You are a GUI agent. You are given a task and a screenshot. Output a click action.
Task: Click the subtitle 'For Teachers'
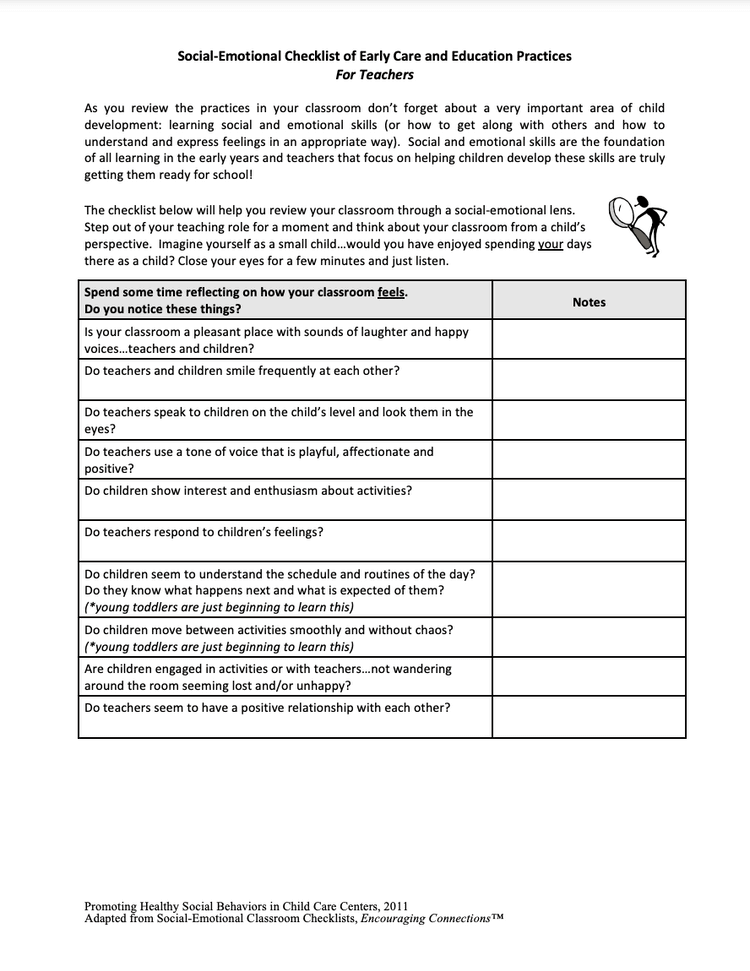pos(374,75)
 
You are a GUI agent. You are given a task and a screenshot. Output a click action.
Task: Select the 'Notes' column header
pos(589,302)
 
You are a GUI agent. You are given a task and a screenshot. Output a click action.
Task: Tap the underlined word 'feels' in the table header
pos(391,293)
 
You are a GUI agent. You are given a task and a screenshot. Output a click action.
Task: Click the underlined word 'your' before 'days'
pos(550,244)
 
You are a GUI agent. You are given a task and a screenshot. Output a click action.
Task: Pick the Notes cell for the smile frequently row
pos(589,379)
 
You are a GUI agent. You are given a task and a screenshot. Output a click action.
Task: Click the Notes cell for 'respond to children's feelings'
pos(589,540)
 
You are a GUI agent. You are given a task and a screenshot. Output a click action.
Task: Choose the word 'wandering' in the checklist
pos(421,669)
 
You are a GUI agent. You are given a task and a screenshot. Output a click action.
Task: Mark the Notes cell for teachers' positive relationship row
pos(589,716)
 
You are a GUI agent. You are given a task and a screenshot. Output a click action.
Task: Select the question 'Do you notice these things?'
pos(162,309)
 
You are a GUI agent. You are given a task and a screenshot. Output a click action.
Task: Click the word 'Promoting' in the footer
pos(112,906)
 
